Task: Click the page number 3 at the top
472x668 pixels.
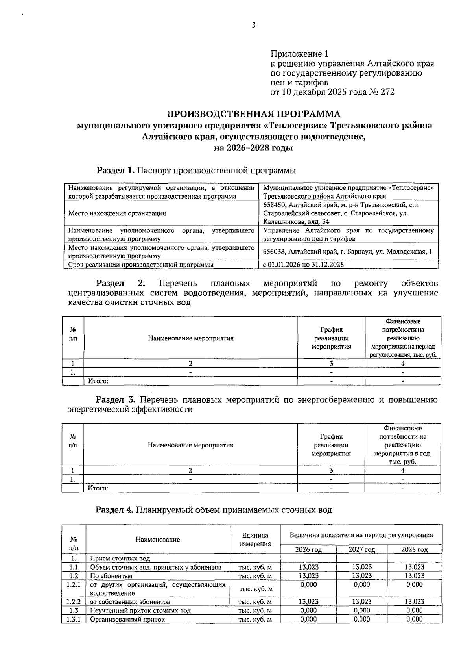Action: [253, 26]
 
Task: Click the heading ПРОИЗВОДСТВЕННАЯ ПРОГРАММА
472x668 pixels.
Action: [253, 114]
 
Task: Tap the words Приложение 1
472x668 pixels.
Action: [299, 54]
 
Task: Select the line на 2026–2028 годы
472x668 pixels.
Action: [253, 148]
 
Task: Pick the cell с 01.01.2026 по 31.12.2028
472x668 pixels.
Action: [303, 265]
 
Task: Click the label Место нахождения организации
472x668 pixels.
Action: [117, 213]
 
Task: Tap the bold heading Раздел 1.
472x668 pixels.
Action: [116, 171]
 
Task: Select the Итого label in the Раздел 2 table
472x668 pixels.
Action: [98, 381]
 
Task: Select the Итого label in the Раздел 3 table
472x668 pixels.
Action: [98, 488]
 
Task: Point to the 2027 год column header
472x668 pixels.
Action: [361, 549]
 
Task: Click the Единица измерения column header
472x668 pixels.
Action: [255, 540]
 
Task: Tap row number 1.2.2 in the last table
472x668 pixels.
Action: [73, 602]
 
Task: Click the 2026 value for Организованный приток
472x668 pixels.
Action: [308, 619]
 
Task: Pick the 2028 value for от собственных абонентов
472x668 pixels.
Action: [414, 602]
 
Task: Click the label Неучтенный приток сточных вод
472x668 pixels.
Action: [140, 610]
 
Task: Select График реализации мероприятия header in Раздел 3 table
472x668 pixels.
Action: [331, 445]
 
